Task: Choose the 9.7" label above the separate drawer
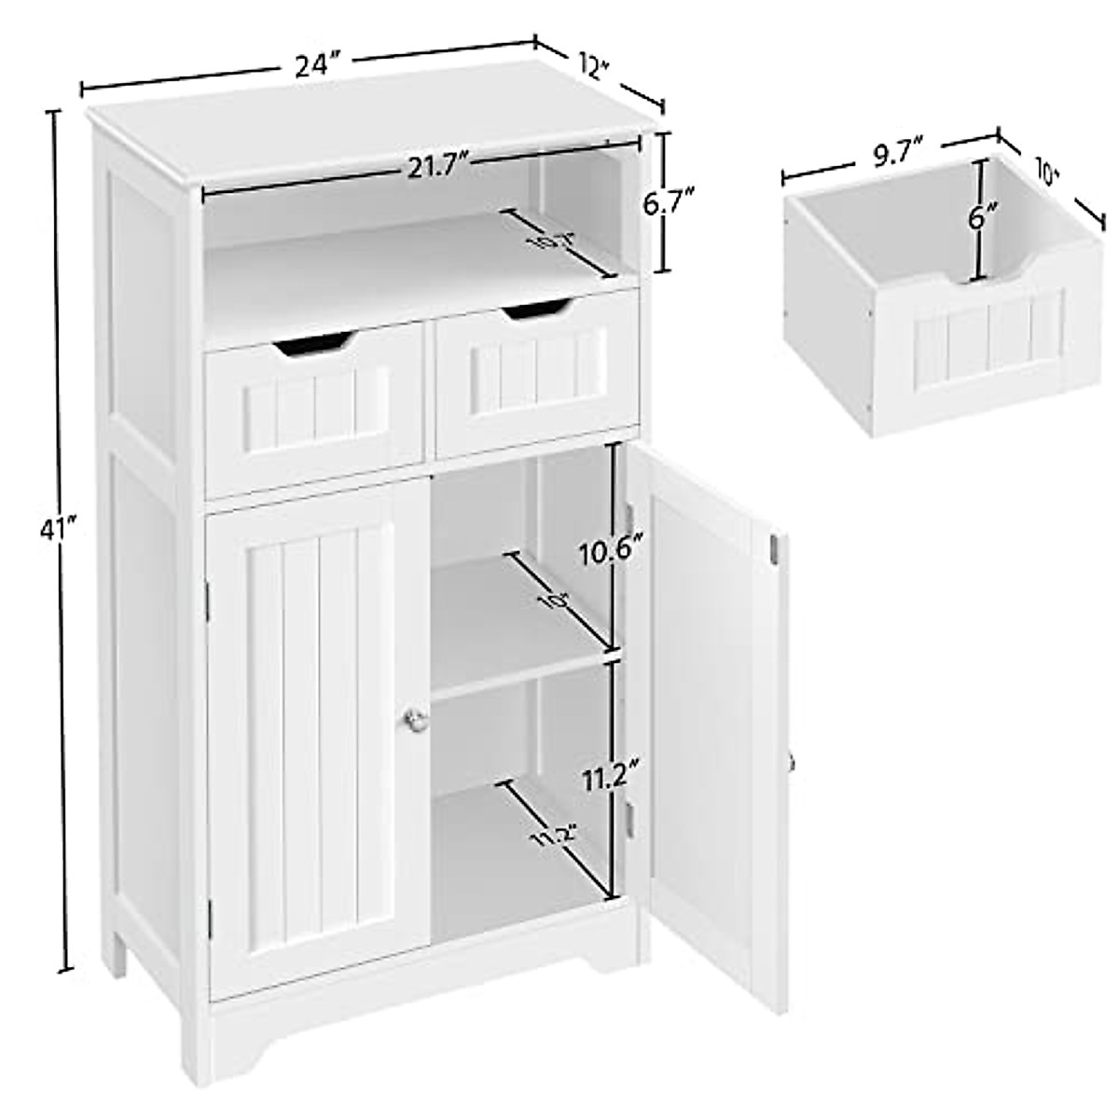pos(892,151)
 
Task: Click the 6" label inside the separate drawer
pos(977,220)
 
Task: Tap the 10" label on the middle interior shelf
pos(556,602)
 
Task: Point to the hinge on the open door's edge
pos(775,549)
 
